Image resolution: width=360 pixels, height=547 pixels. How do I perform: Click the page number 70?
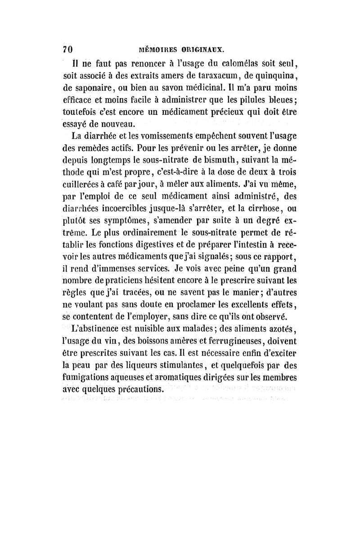point(68,49)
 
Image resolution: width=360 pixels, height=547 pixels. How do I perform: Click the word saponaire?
point(96,87)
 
